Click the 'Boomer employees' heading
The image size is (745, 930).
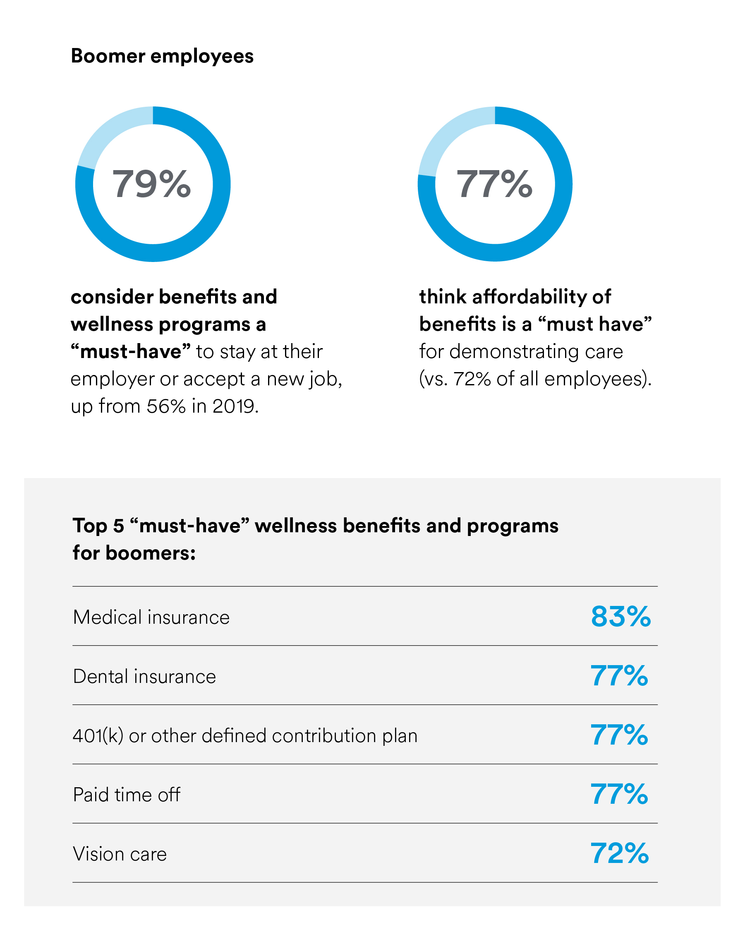pyautogui.click(x=162, y=56)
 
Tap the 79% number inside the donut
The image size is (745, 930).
pyautogui.click(x=151, y=184)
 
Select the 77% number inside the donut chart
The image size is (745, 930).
pyautogui.click(x=494, y=184)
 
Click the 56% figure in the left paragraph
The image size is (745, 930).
pyautogui.click(x=166, y=406)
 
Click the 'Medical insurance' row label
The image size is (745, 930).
pyautogui.click(x=151, y=617)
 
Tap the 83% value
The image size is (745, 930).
pyautogui.click(x=620, y=616)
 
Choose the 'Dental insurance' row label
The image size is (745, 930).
pyautogui.click(x=144, y=676)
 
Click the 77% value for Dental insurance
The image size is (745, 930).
pyautogui.click(x=619, y=675)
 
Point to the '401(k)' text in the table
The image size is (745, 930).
pyautogui.click(x=98, y=736)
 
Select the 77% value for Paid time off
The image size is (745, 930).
pyautogui.click(x=619, y=794)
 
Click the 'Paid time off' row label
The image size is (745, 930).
pyautogui.click(x=126, y=795)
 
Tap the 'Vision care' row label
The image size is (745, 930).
pyautogui.click(x=120, y=854)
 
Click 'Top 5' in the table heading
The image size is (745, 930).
pyautogui.click(x=98, y=526)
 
